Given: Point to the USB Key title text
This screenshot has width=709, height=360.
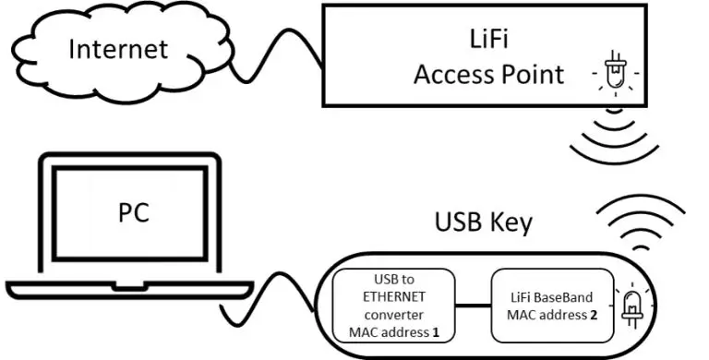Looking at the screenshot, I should (x=483, y=224).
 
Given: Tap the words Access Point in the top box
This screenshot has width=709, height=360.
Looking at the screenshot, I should (x=488, y=74).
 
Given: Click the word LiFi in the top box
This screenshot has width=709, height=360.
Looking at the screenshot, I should (x=488, y=39).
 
